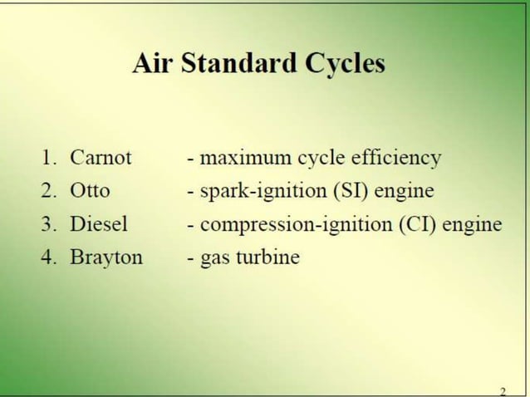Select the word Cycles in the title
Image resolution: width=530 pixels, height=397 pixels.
click(343, 65)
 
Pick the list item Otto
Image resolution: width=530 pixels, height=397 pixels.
click(90, 190)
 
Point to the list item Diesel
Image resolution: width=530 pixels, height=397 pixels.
click(99, 223)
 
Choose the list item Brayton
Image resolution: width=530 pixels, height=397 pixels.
click(106, 257)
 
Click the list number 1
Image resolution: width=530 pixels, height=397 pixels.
click(49, 157)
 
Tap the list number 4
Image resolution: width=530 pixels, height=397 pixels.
click(49, 257)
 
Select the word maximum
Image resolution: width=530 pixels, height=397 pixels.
click(243, 157)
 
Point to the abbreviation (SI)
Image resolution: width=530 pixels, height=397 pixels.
click(351, 190)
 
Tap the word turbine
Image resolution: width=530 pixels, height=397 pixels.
click(267, 257)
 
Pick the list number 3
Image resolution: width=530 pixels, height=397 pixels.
click(49, 223)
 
